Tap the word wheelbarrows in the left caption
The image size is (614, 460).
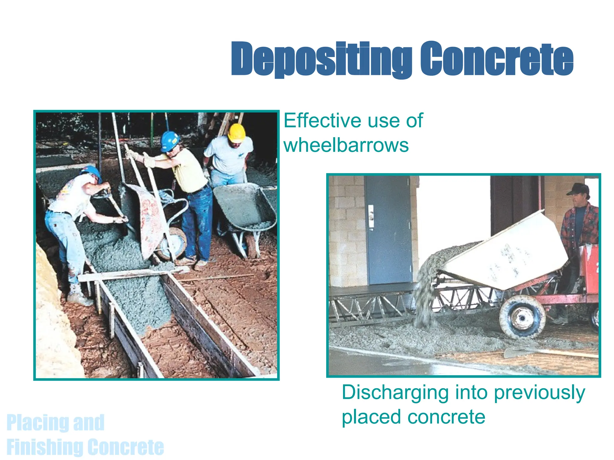346,145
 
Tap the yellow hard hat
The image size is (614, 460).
237,132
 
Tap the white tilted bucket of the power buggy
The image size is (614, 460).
507,255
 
